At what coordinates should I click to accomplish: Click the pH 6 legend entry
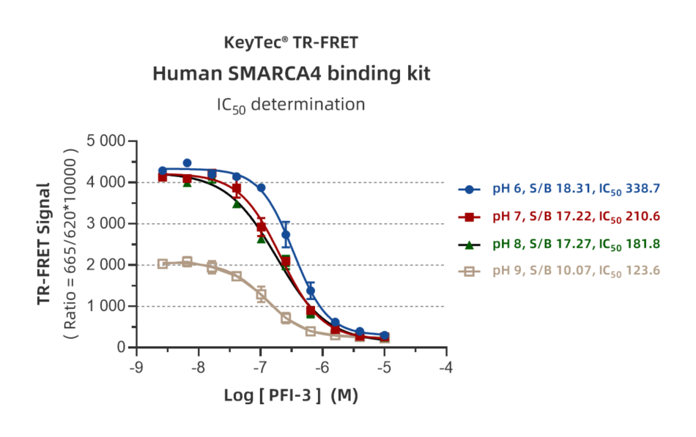559,190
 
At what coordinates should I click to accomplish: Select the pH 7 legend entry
559,217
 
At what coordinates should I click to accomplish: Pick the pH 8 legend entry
559,244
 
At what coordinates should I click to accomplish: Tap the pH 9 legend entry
559,271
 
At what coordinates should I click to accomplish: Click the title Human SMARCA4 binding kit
291,74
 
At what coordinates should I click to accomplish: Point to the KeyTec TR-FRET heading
291,43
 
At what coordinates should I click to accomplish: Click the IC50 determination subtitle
291,105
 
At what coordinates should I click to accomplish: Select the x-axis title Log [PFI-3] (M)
291,395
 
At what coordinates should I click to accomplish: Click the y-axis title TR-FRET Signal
44,244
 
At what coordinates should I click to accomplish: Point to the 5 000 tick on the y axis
105,141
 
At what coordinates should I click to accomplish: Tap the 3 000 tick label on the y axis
105,223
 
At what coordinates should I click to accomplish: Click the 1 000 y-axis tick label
105,306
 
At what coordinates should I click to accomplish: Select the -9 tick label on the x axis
136,367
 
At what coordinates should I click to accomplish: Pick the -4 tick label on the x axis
445,367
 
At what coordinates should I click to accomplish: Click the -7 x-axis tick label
259,367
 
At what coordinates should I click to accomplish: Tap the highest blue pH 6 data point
187,163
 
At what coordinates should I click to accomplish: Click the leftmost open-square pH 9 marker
163,264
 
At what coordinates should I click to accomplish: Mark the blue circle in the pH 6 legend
469,190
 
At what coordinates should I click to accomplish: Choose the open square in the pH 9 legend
469,272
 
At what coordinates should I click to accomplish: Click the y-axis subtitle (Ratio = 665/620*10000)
71,244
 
